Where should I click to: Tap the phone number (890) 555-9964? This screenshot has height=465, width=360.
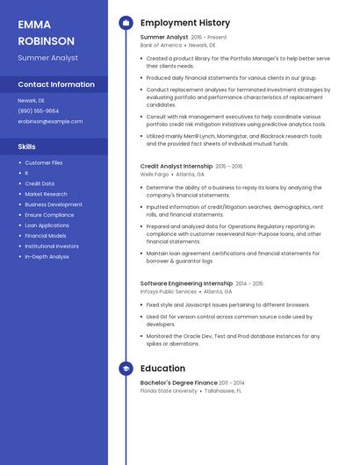coord(39,111)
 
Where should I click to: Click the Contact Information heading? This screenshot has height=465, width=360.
coord(56,85)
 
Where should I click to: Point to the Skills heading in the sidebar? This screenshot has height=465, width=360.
coord(27,147)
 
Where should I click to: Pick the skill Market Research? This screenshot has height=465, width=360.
coord(46,194)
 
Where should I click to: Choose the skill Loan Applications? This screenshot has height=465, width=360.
coord(47,225)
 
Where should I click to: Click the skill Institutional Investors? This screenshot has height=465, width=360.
coord(52,247)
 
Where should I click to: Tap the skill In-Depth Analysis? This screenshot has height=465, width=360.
coord(47,257)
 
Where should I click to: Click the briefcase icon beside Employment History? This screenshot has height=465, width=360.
coord(126,23)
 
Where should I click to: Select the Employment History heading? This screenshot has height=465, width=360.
coord(185,23)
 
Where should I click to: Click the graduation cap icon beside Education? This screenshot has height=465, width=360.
coord(126,368)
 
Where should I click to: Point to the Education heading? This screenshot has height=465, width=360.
coord(162,368)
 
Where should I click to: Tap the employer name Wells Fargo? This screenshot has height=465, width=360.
coord(155,175)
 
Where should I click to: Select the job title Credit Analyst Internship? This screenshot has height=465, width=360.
coord(176,166)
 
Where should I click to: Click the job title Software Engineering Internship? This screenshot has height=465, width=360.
coord(186,283)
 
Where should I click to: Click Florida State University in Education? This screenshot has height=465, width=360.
coord(169,391)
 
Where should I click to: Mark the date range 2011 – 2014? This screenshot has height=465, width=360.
coord(232,383)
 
